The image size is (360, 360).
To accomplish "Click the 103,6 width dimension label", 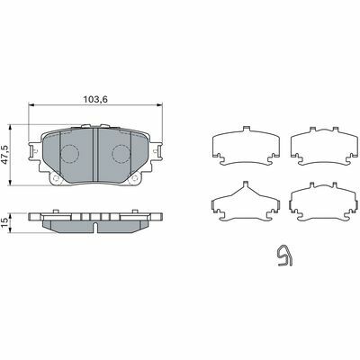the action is [95, 99].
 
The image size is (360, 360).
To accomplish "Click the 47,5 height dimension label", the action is [5, 155].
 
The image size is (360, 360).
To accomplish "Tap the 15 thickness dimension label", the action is [5, 223].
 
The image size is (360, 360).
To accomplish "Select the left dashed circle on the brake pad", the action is [69, 154].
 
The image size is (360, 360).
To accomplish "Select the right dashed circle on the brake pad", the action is [121, 154].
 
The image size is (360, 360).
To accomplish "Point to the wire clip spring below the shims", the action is [284, 256].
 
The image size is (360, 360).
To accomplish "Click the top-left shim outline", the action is [246, 146].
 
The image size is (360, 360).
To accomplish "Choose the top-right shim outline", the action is [324, 146].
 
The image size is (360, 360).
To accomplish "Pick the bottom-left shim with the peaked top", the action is [246, 201].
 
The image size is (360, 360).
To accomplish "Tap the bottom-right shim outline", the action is [324, 202].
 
